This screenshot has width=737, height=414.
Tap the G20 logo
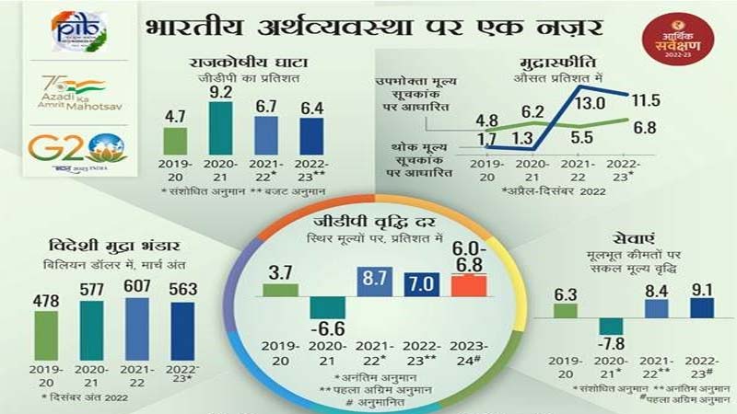(x=77, y=148)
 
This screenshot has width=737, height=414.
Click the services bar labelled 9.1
(x=700, y=306)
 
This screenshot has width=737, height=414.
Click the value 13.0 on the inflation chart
(x=591, y=103)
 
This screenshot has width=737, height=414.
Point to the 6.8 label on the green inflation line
(x=645, y=128)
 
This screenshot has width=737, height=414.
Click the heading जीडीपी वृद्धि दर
(x=368, y=222)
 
